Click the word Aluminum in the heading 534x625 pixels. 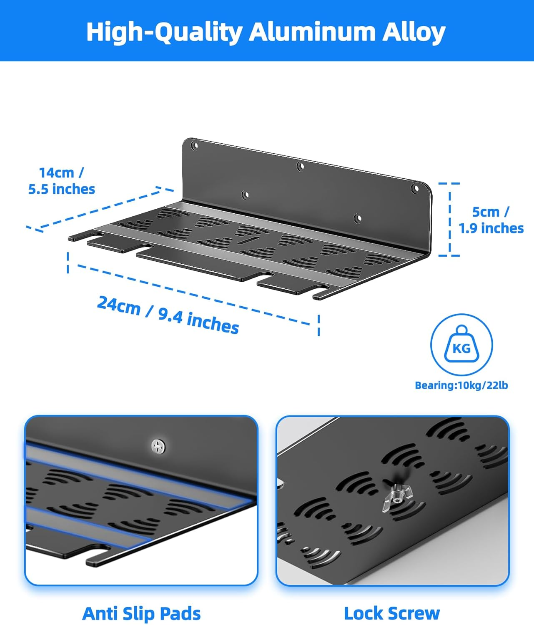(x=312, y=32)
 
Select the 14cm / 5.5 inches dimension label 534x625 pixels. (x=62, y=181)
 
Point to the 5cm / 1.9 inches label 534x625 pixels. (x=491, y=220)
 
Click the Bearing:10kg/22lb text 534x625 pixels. (x=461, y=385)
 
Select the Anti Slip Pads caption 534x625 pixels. (x=141, y=613)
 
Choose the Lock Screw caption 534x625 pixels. (x=392, y=613)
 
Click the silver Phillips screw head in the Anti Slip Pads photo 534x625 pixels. (x=158, y=446)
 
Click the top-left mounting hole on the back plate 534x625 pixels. (x=194, y=146)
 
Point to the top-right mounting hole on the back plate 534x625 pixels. (x=415, y=188)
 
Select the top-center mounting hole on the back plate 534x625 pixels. (x=300, y=167)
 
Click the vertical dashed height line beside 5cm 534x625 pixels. (x=450, y=220)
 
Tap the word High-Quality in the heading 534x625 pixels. (x=164, y=32)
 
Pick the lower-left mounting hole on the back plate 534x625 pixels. (x=246, y=195)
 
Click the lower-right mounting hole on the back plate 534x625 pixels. (x=357, y=217)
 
